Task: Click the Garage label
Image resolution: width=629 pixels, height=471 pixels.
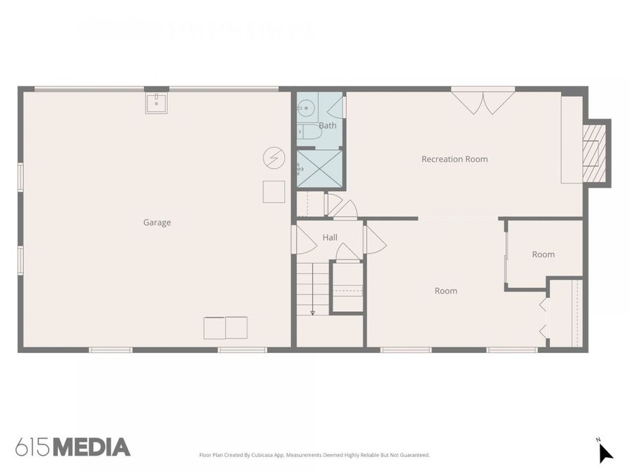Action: (157, 223)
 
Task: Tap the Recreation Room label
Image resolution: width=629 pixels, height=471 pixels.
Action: (454, 159)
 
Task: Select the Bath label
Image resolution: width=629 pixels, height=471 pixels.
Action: (327, 126)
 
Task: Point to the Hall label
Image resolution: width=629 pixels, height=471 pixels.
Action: (330, 238)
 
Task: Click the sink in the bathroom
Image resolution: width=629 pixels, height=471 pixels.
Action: (306, 107)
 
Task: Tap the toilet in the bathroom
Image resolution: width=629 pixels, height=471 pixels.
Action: (308, 133)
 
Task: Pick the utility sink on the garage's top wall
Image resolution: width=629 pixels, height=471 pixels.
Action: (156, 103)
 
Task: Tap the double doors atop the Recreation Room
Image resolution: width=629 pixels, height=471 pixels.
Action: (483, 101)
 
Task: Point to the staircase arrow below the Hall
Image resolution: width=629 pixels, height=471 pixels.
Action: (312, 312)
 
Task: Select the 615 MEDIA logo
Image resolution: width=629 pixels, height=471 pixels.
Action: (73, 447)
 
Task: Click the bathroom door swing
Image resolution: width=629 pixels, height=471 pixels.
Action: (336, 107)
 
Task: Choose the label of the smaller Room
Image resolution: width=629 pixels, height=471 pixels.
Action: (543, 255)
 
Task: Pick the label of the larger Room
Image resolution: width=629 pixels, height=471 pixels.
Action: (446, 291)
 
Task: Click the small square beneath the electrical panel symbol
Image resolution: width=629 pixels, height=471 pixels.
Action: (274, 192)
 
